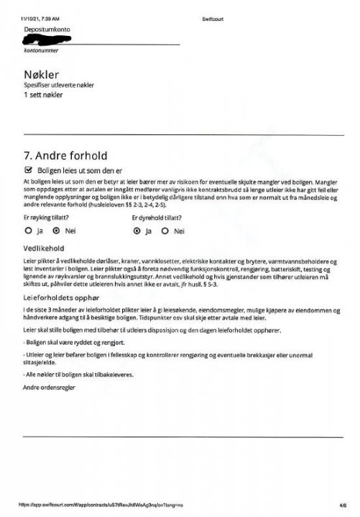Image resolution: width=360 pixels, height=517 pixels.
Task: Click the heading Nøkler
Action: tap(41, 75)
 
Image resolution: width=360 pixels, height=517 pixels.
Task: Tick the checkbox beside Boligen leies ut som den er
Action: tap(29, 170)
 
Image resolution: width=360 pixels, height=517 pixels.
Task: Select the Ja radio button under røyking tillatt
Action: tap(28, 231)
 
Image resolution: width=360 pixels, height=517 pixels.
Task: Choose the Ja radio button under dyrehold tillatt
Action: tap(137, 231)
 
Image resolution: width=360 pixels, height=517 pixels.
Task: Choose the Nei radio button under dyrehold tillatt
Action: tap(166, 231)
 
